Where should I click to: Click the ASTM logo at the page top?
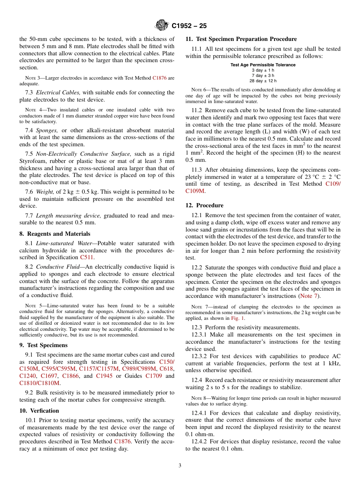point(162,26)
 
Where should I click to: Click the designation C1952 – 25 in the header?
point(189,26)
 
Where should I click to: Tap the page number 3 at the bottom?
point(180,465)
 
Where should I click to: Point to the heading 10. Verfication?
point(39,411)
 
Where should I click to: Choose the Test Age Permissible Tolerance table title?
point(263,65)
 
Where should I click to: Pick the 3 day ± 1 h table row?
point(263,70)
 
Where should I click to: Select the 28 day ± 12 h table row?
point(263,81)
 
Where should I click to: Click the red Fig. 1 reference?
point(238,319)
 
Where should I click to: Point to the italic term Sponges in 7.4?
point(47,130)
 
